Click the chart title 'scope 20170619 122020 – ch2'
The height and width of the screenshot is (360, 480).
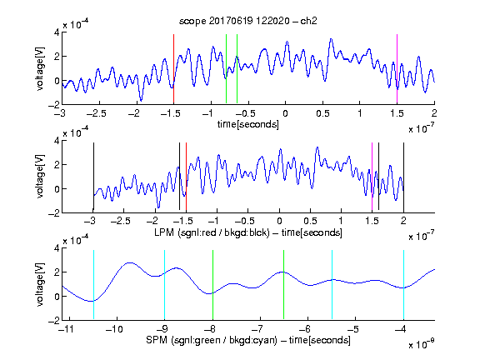click(247, 21)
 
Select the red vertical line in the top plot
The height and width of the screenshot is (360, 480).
click(173, 69)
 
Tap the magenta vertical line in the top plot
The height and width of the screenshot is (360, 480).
click(397, 69)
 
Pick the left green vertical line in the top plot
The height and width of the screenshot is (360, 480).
click(226, 69)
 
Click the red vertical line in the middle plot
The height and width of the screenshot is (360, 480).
click(186, 177)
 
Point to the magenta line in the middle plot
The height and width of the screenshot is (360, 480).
click(372, 177)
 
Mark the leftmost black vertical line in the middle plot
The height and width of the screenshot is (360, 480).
click(93, 177)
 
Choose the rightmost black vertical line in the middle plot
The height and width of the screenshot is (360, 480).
click(403, 177)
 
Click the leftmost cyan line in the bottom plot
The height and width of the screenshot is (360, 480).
click(93, 285)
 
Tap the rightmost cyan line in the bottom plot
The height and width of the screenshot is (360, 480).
click(403, 285)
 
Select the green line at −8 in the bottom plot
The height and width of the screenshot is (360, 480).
click(212, 285)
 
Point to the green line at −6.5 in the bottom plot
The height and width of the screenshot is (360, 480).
click(284, 285)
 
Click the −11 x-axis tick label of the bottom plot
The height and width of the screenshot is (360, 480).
click(67, 329)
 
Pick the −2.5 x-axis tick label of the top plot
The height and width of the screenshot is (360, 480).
click(97, 113)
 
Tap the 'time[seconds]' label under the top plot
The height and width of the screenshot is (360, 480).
click(248, 124)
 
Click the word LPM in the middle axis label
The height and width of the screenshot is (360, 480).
click(164, 232)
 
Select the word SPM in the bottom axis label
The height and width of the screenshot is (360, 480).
click(157, 340)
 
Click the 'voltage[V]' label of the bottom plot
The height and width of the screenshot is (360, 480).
click(40, 285)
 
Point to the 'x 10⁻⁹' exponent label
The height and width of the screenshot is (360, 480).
click(421, 344)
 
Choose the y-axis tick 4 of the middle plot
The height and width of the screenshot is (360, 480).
click(57, 141)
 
